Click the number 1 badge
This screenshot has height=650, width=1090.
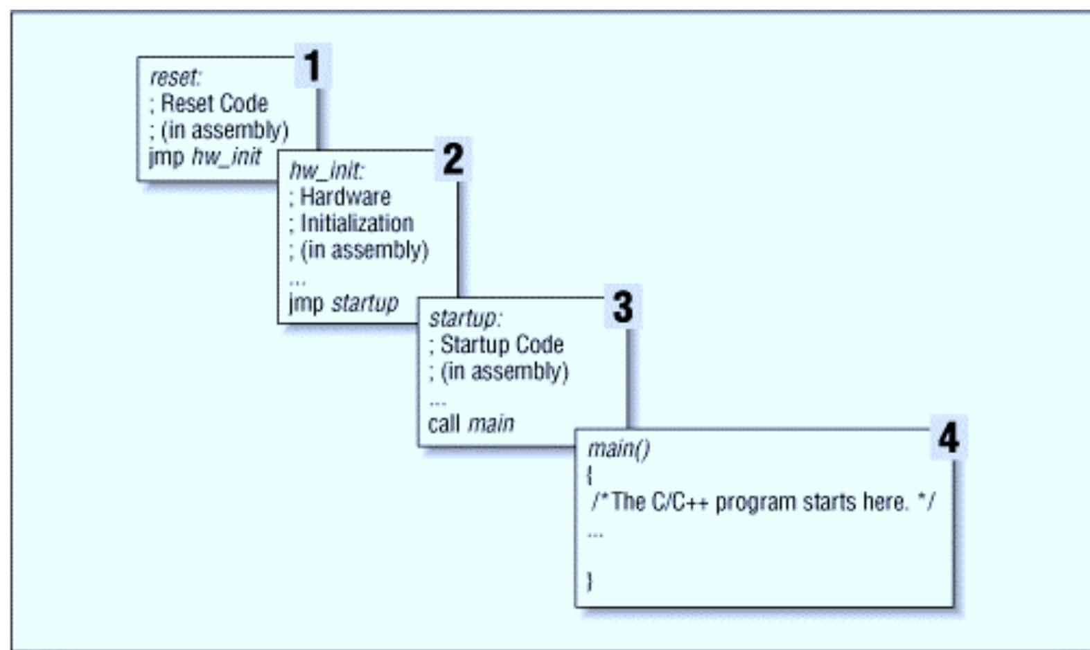313,66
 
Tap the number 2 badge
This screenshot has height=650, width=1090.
453,159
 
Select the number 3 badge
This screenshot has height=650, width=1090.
622,307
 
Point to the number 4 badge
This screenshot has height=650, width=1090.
948,437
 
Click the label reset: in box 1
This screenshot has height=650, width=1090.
175,77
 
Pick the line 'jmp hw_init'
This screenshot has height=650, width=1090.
205,157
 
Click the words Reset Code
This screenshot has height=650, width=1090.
213,104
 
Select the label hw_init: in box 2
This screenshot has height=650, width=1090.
326,170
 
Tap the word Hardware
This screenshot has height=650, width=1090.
344,197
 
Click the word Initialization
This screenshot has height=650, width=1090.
356,223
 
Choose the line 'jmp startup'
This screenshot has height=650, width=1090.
343,303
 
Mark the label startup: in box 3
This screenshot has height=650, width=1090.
465,318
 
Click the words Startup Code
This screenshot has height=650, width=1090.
501,344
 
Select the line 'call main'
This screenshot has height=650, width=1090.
471,423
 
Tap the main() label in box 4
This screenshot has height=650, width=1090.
618,449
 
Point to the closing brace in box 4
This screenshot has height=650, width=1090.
590,580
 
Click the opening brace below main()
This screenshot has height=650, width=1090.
590,475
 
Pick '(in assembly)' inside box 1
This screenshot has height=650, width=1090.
224,130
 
